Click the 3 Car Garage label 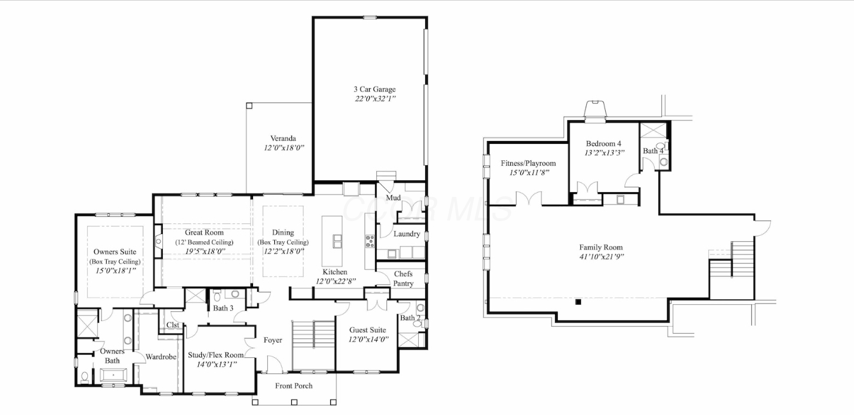[x=375, y=89]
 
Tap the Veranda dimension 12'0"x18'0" [x=284, y=148]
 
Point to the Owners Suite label [x=114, y=252]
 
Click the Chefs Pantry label [x=403, y=279]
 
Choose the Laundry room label [x=406, y=234]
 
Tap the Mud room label [x=393, y=197]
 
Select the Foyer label [x=272, y=340]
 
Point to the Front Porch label [x=294, y=386]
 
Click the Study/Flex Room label [x=216, y=355]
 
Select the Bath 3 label [x=223, y=308]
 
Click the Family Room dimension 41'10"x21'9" [x=601, y=256]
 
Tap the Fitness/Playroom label [x=528, y=163]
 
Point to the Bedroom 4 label [x=603, y=143]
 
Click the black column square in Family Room [x=579, y=302]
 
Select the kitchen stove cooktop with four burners [x=370, y=241]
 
